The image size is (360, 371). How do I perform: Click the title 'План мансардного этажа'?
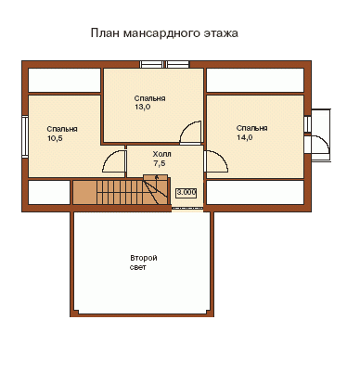point(164,33)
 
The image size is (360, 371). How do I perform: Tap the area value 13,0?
point(142,107)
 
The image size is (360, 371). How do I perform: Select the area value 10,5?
point(55,138)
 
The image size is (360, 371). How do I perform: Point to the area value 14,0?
point(245,137)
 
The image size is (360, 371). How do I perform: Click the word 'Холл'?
point(161,154)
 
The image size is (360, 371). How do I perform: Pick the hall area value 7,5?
point(160,163)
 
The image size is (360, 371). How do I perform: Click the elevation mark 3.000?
point(186,193)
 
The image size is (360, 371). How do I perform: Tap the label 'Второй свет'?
point(144,262)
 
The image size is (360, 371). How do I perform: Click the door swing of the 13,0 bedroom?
point(185,128)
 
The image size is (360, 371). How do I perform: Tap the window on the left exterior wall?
point(25,136)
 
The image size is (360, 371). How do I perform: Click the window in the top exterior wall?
point(164,64)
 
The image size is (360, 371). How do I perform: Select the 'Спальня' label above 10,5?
point(62,129)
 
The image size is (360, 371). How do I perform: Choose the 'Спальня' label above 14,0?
point(252,128)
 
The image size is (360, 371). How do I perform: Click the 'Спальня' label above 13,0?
point(149,98)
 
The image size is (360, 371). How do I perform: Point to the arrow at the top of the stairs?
point(157,177)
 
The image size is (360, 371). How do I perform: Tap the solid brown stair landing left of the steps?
point(84,192)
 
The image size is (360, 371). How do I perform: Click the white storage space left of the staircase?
point(49,192)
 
